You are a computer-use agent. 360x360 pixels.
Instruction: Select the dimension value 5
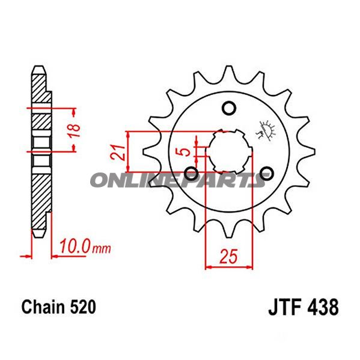click(x=186, y=150)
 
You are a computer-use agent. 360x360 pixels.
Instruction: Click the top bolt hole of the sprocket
click(x=228, y=108)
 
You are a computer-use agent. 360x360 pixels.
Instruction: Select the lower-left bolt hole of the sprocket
click(x=191, y=174)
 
